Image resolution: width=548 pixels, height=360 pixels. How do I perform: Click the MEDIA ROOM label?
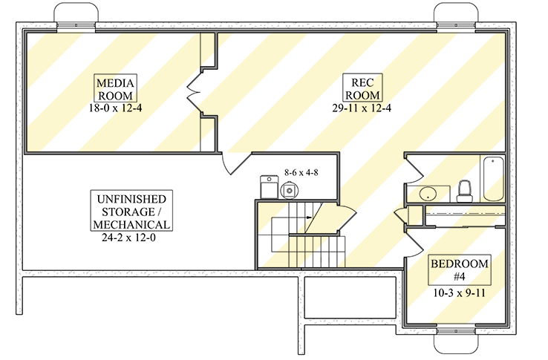pos(115,89)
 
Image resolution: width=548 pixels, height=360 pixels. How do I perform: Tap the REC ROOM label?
pos(362,88)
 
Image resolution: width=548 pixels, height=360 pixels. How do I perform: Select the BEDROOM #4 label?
pos(460,270)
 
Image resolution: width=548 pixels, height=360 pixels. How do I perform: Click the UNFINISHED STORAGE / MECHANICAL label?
pos(131,212)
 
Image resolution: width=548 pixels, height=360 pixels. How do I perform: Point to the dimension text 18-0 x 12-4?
pos(115,108)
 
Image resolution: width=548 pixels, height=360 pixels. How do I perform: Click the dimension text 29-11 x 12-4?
pos(362,108)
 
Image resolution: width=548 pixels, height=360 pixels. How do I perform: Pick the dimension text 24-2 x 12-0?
pos(128,238)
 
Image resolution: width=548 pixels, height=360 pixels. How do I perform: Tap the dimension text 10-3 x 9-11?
pos(459,292)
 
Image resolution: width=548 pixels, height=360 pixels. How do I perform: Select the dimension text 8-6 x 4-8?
pos(301,172)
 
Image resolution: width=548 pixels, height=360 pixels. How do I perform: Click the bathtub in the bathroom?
pos(494,179)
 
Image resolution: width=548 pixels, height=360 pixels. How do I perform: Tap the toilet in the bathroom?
pos(465,192)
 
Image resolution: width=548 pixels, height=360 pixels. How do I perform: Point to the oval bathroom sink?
pos(428,194)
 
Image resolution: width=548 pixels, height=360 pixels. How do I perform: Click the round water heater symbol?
pos(290,191)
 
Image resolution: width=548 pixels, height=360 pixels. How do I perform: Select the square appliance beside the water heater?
pos(269,187)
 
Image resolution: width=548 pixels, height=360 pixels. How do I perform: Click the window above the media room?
pos(76,25)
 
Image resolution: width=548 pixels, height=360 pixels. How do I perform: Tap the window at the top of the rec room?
pos(456,25)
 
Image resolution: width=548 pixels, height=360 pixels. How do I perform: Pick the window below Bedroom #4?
pos(456,331)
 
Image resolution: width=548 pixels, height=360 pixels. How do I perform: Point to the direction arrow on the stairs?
pos(309,217)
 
